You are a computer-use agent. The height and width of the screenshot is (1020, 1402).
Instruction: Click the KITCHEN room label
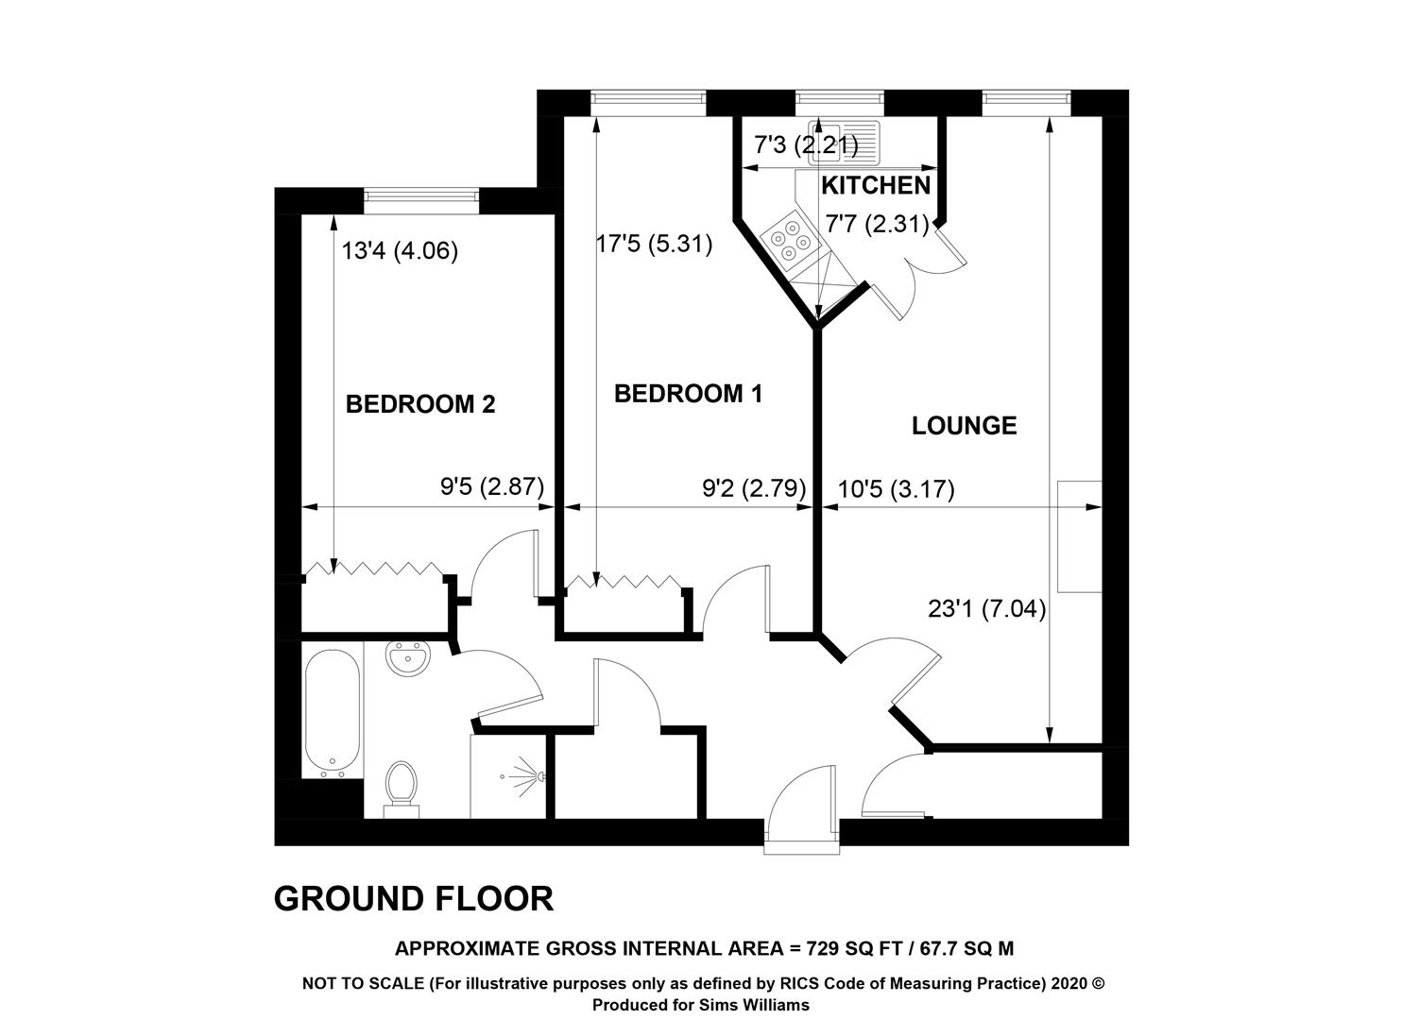tap(876, 186)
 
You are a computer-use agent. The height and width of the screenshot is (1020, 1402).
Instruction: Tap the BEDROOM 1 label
tap(688, 394)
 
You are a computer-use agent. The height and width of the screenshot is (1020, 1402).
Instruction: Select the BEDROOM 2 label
tap(420, 404)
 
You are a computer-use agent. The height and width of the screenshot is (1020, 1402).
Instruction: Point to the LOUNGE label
tap(964, 426)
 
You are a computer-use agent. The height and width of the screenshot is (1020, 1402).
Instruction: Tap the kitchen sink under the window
tap(844, 142)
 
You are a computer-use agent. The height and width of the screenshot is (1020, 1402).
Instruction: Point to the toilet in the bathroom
tap(402, 790)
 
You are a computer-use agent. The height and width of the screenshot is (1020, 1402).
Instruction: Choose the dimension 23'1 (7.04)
tap(986, 609)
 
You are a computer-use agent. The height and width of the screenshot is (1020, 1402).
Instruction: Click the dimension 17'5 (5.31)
tap(654, 244)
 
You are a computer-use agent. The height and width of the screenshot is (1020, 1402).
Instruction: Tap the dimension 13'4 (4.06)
tap(400, 251)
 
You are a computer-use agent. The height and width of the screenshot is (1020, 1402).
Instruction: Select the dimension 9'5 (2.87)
tap(492, 486)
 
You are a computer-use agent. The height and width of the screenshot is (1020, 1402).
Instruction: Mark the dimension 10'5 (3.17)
tap(896, 488)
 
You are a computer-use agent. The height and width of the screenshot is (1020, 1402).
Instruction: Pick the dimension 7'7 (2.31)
tap(877, 224)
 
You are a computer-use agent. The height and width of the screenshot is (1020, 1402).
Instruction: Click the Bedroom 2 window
tap(421, 195)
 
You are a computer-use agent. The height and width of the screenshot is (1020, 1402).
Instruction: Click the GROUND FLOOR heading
tap(413, 898)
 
